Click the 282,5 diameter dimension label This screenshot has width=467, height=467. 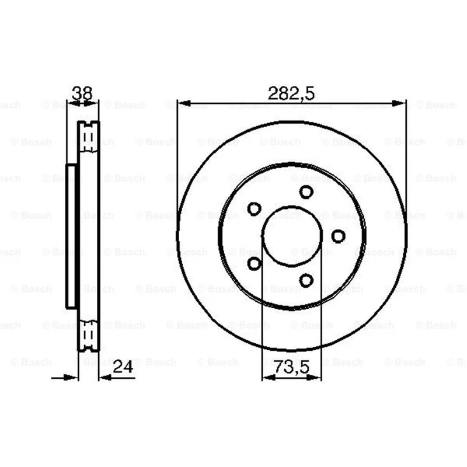click(x=291, y=93)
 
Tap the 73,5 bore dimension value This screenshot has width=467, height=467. click(x=292, y=367)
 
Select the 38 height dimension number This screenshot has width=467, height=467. click(x=82, y=93)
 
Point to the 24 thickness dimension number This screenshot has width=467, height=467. click(x=123, y=367)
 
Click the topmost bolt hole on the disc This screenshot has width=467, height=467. click(x=306, y=192)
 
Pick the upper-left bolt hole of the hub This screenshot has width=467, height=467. click(x=255, y=209)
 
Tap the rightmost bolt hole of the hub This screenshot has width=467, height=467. click(x=339, y=236)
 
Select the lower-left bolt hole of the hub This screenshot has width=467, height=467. click(x=255, y=263)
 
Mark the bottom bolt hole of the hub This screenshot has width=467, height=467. click(x=306, y=280)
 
